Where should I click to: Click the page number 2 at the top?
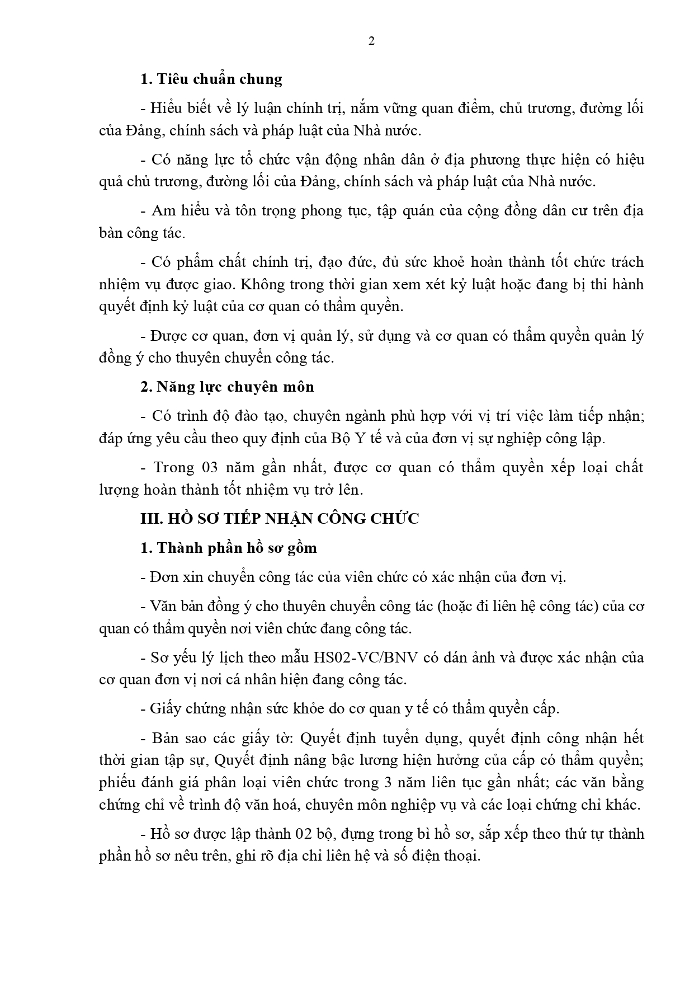(371, 41)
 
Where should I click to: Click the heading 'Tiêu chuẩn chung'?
(219, 79)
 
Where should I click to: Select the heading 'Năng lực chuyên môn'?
(235, 387)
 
